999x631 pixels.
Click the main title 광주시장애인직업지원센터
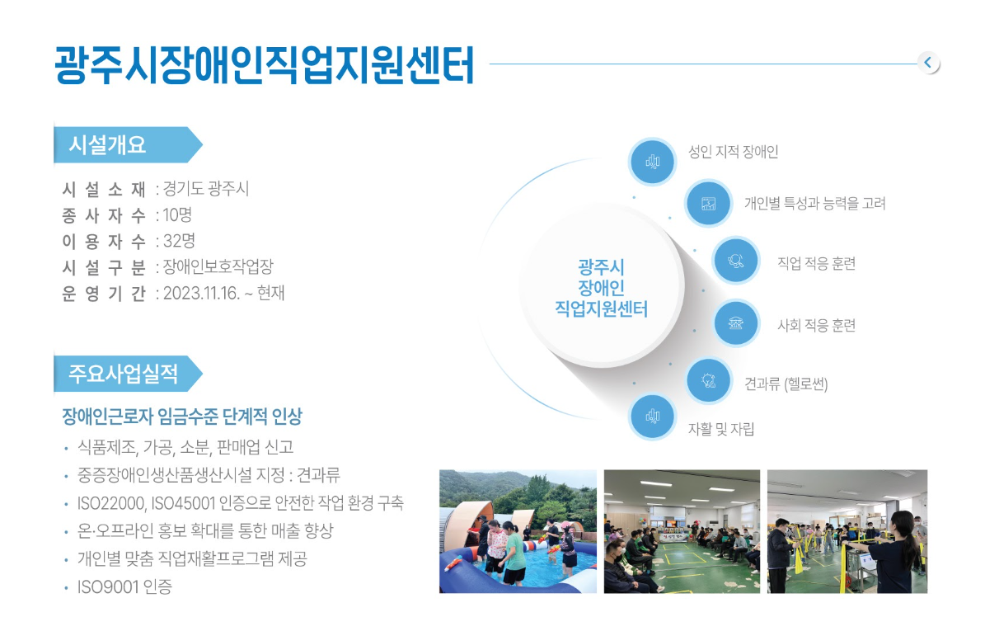click(264, 65)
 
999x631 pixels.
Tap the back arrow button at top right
click(929, 63)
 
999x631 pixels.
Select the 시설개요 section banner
click(128, 144)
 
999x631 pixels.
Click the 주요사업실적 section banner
click(128, 374)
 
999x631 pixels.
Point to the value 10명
click(177, 215)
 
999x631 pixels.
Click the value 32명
click(180, 241)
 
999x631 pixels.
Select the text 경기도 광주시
click(206, 189)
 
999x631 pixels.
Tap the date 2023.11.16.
click(201, 293)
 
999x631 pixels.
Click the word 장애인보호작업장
click(218, 267)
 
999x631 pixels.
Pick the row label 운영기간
click(104, 293)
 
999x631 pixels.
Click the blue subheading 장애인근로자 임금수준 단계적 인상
click(182, 417)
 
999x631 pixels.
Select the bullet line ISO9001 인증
click(124, 586)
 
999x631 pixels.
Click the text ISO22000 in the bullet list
click(111, 503)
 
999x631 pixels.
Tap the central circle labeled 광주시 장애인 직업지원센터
click(601, 286)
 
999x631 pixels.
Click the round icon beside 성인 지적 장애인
click(652, 162)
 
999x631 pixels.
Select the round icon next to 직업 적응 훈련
click(736, 260)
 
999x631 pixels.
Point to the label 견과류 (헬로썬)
click(786, 384)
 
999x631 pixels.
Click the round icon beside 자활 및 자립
click(652, 417)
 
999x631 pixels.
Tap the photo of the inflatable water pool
click(518, 531)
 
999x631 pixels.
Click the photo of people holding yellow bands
click(847, 531)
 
